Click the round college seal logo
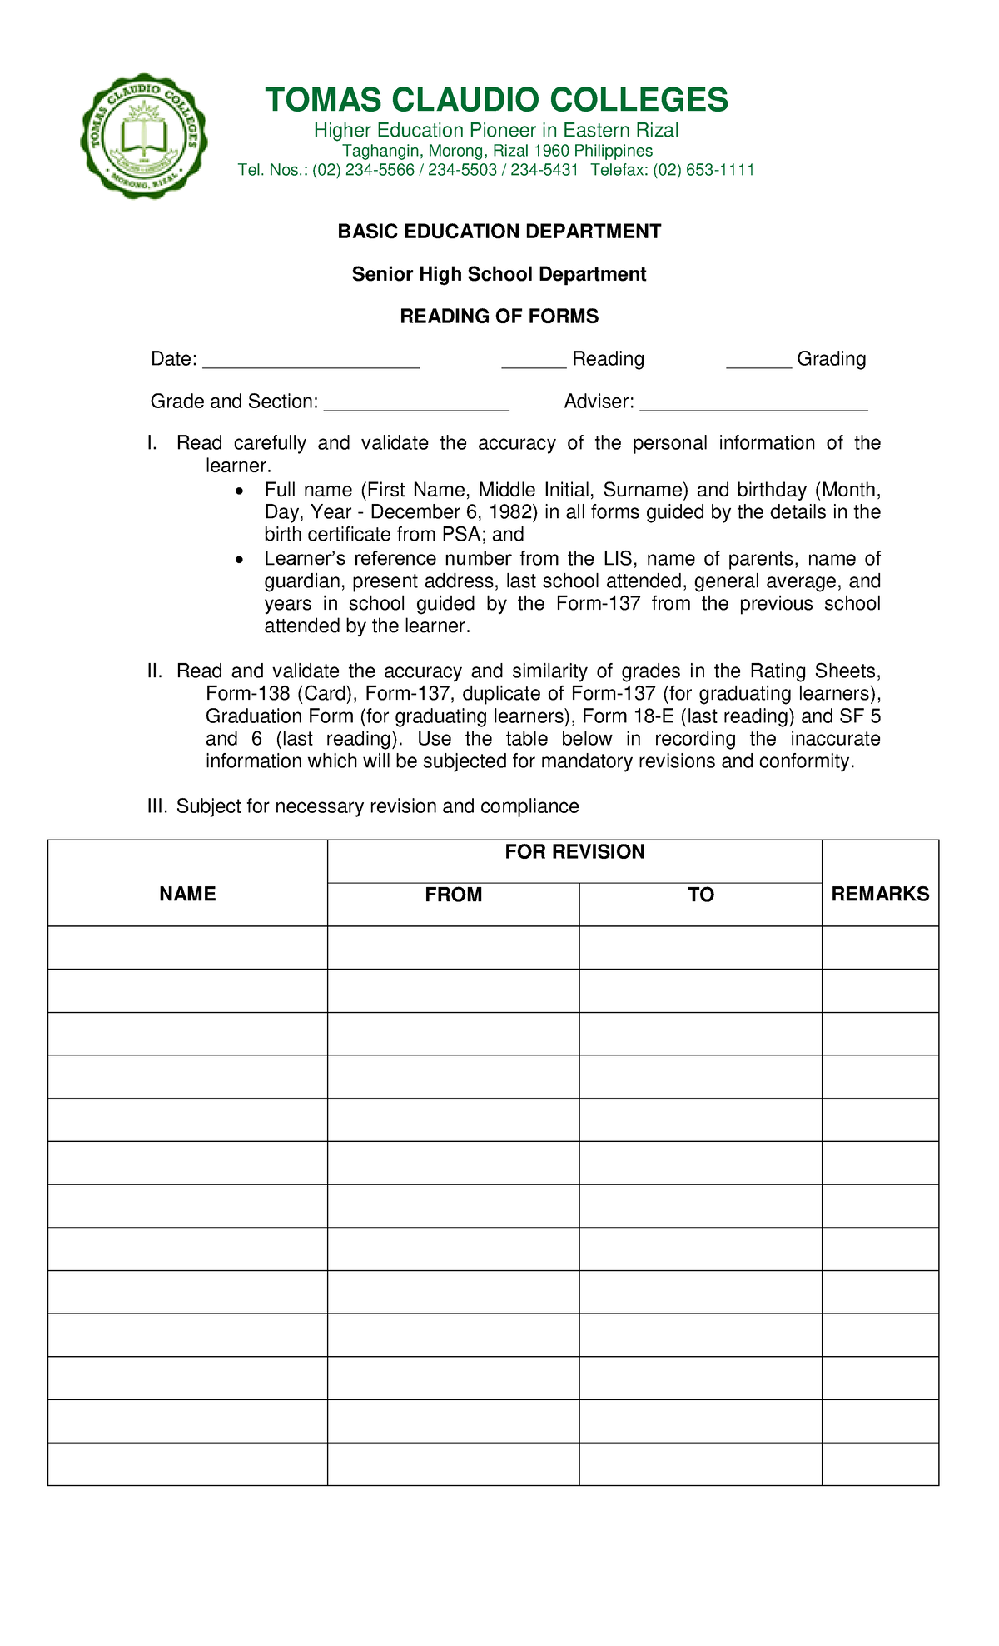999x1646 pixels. click(x=144, y=136)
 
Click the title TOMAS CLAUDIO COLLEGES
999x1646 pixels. click(x=496, y=100)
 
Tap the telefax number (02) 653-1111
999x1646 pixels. click(x=703, y=171)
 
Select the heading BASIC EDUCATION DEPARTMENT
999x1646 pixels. click(x=499, y=232)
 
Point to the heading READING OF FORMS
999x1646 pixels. click(x=499, y=317)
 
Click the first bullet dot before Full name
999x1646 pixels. click(x=241, y=491)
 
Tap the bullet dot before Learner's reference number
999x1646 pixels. click(x=241, y=560)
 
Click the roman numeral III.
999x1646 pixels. click(x=157, y=806)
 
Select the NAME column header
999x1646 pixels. click(x=187, y=894)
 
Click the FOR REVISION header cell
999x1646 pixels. click(x=574, y=852)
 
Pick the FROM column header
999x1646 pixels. click(x=453, y=895)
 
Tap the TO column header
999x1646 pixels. click(x=700, y=895)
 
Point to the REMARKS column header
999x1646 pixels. click(x=880, y=894)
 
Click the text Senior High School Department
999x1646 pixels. click(x=499, y=274)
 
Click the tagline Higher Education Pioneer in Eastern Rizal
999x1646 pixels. click(x=495, y=131)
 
